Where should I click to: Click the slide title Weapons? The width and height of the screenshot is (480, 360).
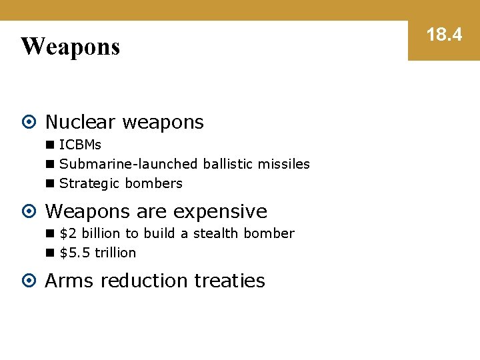(70, 47)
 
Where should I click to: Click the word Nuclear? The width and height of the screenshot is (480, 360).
(81, 122)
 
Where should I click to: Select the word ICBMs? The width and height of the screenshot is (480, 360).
(80, 145)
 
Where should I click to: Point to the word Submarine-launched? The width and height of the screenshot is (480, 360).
(129, 164)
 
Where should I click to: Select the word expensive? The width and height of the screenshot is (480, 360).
(220, 211)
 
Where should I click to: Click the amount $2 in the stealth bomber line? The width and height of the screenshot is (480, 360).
(68, 233)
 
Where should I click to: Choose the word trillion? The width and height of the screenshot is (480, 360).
(115, 253)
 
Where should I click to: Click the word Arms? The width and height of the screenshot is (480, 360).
(70, 281)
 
